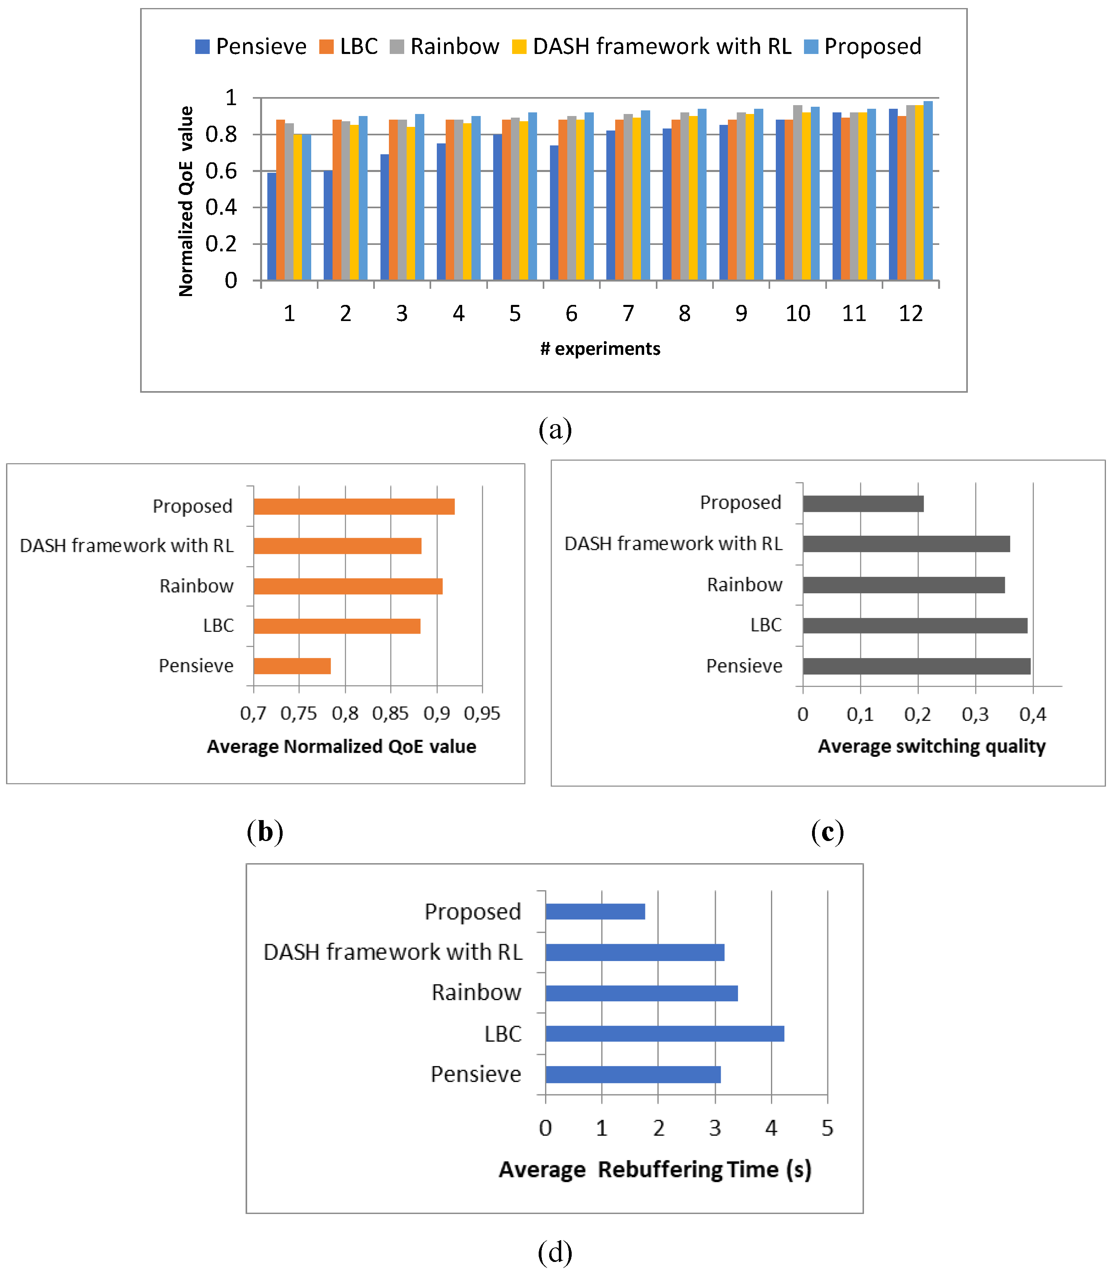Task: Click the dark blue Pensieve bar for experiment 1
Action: coord(272,227)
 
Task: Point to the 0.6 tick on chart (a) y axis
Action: coord(221,171)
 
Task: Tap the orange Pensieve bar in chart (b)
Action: coord(292,666)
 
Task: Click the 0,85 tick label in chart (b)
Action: coord(390,714)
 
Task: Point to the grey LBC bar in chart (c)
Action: coord(914,626)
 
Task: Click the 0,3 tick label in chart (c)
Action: coord(975,715)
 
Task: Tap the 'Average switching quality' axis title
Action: coord(931,746)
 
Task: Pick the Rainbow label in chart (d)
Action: coord(477,992)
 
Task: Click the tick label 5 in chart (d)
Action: coord(827,1128)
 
